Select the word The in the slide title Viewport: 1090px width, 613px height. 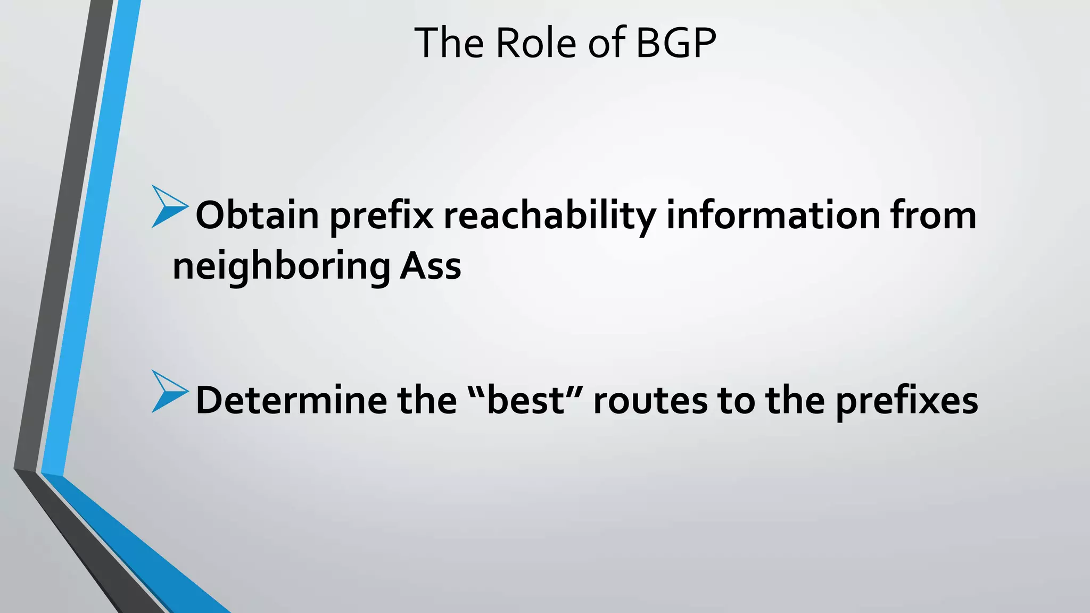coord(449,43)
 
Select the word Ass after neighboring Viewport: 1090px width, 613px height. coord(430,266)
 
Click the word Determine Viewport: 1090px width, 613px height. coord(291,400)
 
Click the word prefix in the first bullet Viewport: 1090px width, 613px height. coord(381,216)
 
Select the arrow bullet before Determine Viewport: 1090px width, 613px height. coord(169,392)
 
